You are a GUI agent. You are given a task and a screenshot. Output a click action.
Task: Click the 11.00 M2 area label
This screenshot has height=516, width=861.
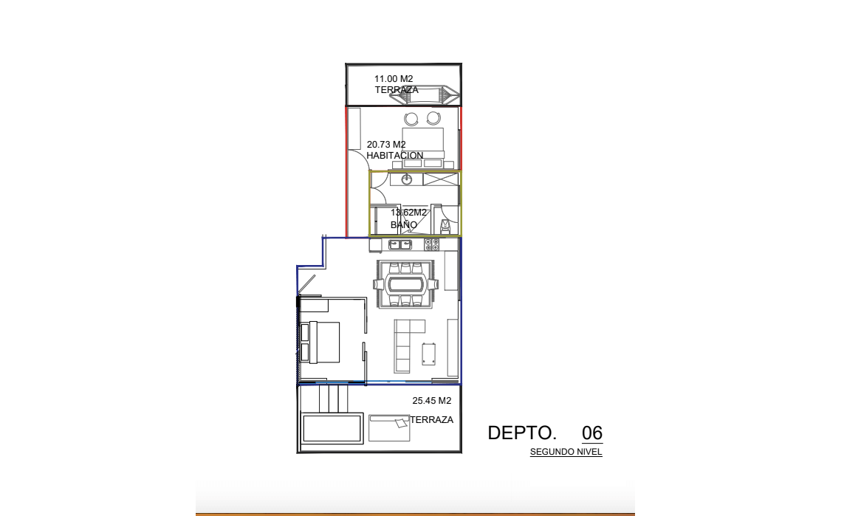tap(394, 79)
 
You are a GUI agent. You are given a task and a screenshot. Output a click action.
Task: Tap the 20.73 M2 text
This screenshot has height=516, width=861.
tap(386, 145)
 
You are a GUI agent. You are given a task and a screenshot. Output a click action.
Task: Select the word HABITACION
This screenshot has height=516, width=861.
tap(395, 156)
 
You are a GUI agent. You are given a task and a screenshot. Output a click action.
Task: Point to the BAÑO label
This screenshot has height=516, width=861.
tap(404, 224)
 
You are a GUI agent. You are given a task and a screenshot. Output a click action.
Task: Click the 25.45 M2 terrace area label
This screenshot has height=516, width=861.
tap(431, 401)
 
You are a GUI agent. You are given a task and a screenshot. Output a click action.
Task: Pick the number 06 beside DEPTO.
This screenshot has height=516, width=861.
tap(592, 433)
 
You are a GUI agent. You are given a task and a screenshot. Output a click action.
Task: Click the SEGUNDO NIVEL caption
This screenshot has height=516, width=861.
tap(566, 453)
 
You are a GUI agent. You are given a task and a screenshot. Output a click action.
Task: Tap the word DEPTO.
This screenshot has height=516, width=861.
tap(522, 433)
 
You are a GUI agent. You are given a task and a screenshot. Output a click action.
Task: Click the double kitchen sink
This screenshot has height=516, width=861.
tap(400, 244)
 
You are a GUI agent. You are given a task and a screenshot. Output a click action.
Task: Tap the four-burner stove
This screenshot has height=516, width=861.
tap(431, 244)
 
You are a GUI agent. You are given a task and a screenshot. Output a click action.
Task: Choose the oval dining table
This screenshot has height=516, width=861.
tap(406, 284)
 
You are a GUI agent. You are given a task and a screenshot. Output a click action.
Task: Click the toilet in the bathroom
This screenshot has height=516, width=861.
tap(445, 225)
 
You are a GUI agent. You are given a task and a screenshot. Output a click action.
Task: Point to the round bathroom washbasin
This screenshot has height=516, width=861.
tap(407, 179)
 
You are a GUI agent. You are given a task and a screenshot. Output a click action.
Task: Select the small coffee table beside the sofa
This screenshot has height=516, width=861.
tap(429, 354)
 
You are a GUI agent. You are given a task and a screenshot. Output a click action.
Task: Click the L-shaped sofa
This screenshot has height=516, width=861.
tap(406, 345)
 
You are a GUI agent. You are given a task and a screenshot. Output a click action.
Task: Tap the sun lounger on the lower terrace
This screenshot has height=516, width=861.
tap(389, 427)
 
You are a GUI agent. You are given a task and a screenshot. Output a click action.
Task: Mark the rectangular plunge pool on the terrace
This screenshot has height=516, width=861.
tap(332, 427)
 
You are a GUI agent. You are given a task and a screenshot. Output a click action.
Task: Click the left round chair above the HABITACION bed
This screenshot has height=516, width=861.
tap(411, 119)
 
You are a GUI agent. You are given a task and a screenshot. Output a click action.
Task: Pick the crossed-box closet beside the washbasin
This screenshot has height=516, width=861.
tap(440, 179)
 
